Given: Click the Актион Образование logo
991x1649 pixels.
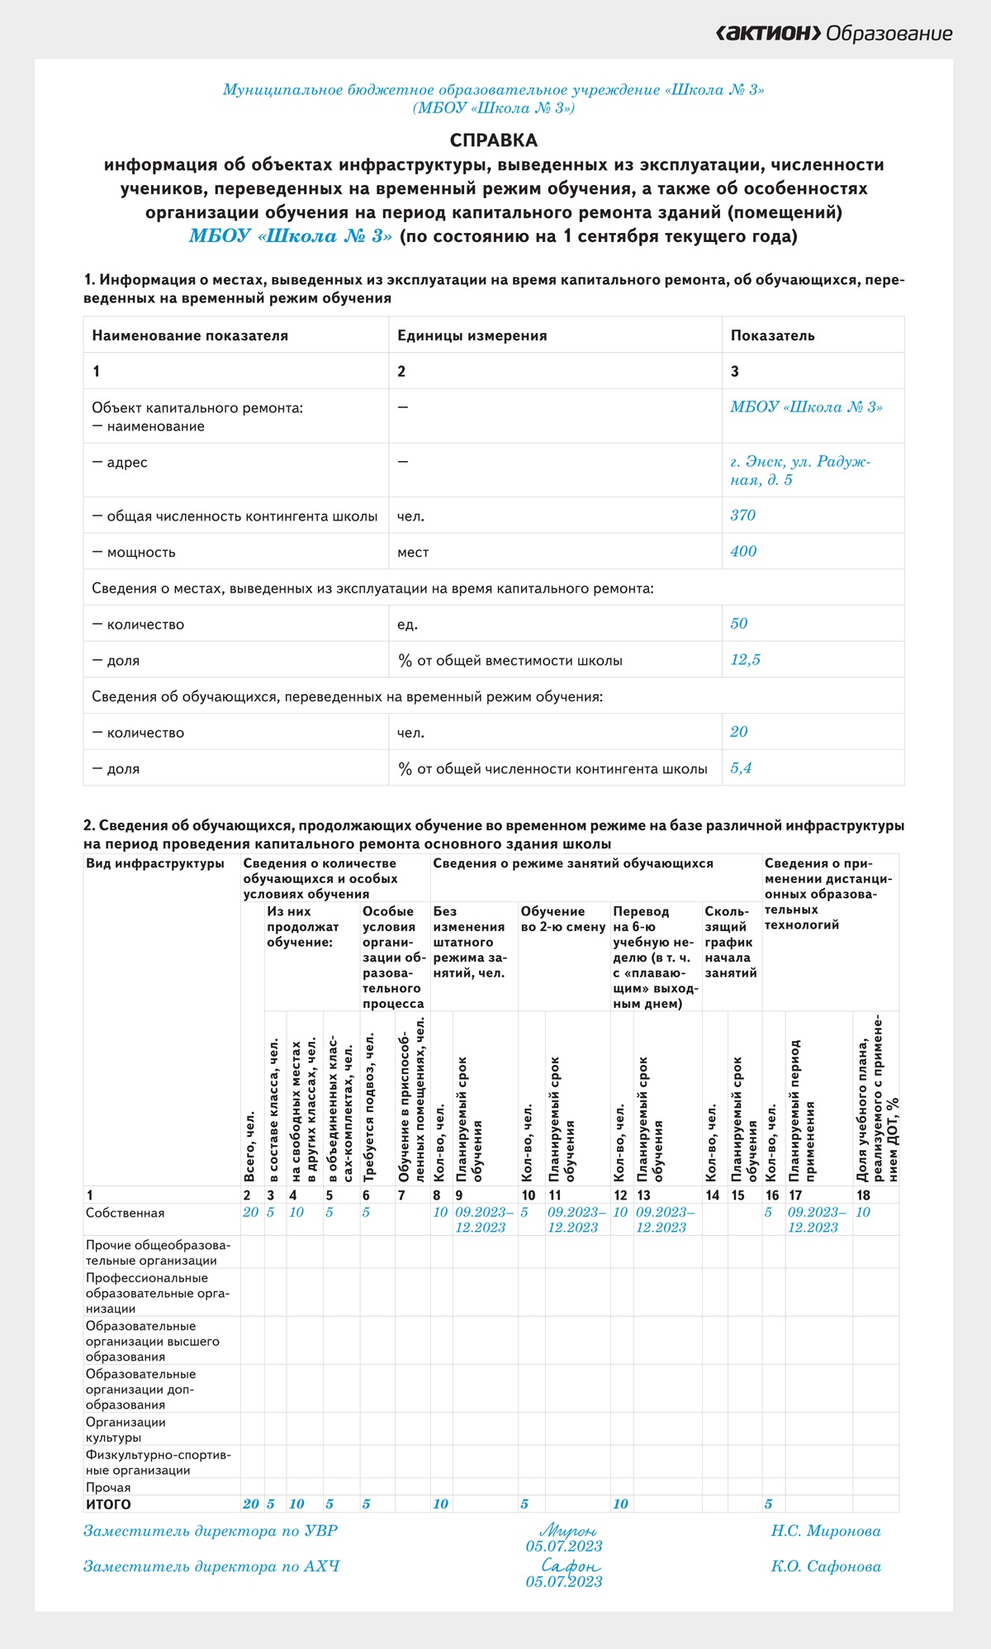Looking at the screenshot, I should coord(833,34).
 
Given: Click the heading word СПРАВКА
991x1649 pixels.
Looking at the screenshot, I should coord(494,140).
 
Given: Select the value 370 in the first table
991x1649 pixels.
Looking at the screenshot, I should coord(742,516).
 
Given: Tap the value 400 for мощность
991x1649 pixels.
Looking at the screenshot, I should coord(743,552).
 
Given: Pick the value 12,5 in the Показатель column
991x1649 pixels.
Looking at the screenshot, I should coord(745,660).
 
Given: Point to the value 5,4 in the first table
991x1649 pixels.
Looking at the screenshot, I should coord(741,768).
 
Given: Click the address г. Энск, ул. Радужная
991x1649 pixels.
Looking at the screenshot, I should coord(799,470).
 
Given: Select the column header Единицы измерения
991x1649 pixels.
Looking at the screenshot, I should coord(472,335).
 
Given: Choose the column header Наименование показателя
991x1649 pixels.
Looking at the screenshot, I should coord(190,335).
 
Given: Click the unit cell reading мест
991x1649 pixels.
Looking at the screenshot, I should coord(413,553).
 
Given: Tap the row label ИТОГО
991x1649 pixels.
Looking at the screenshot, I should coord(108,1504).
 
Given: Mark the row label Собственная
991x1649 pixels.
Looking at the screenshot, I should coord(125,1213).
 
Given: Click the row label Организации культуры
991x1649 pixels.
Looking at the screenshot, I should coord(126,1430).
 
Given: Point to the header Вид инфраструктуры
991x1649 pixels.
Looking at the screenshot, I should coord(154,863).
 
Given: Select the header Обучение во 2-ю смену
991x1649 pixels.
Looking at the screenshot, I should coord(563,919).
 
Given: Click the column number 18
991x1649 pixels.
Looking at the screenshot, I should coord(863,1195).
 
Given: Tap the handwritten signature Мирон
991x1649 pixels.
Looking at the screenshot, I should coord(567,1530).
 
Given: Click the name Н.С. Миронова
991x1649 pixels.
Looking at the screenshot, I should coord(826,1531).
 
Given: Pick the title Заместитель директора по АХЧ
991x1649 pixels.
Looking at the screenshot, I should coord(211,1566).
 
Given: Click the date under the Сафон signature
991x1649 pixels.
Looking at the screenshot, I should coord(564,1582).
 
